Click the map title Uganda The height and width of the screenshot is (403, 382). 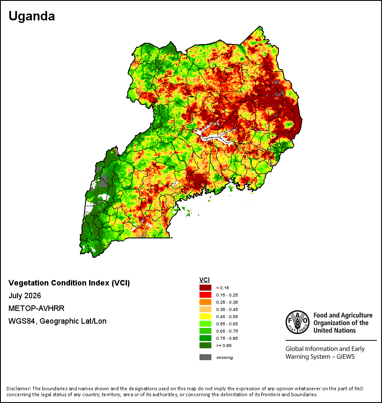(32, 16)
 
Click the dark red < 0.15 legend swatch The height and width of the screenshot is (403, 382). (205, 288)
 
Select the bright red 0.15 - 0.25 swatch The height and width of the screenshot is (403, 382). (205, 295)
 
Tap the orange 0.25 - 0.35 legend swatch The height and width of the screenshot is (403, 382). (205, 302)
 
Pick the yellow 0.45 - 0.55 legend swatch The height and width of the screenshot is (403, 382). (205, 316)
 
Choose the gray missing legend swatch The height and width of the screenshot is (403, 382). (205, 357)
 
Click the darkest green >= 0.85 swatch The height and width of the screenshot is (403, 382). (205, 345)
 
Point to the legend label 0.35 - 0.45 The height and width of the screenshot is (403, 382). (227, 309)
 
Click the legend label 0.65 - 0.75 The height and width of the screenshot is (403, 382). (227, 331)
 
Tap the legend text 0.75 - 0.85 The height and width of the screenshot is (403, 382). (227, 338)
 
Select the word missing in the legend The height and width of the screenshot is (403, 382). (225, 358)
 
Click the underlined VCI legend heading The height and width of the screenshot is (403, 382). (205, 280)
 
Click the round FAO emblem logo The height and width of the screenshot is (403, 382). (298, 322)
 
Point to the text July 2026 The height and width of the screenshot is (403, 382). (25, 296)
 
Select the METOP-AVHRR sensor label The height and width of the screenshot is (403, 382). (37, 308)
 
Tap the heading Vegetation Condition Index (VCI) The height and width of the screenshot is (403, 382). (69, 283)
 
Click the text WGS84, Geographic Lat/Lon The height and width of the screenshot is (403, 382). (57, 321)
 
